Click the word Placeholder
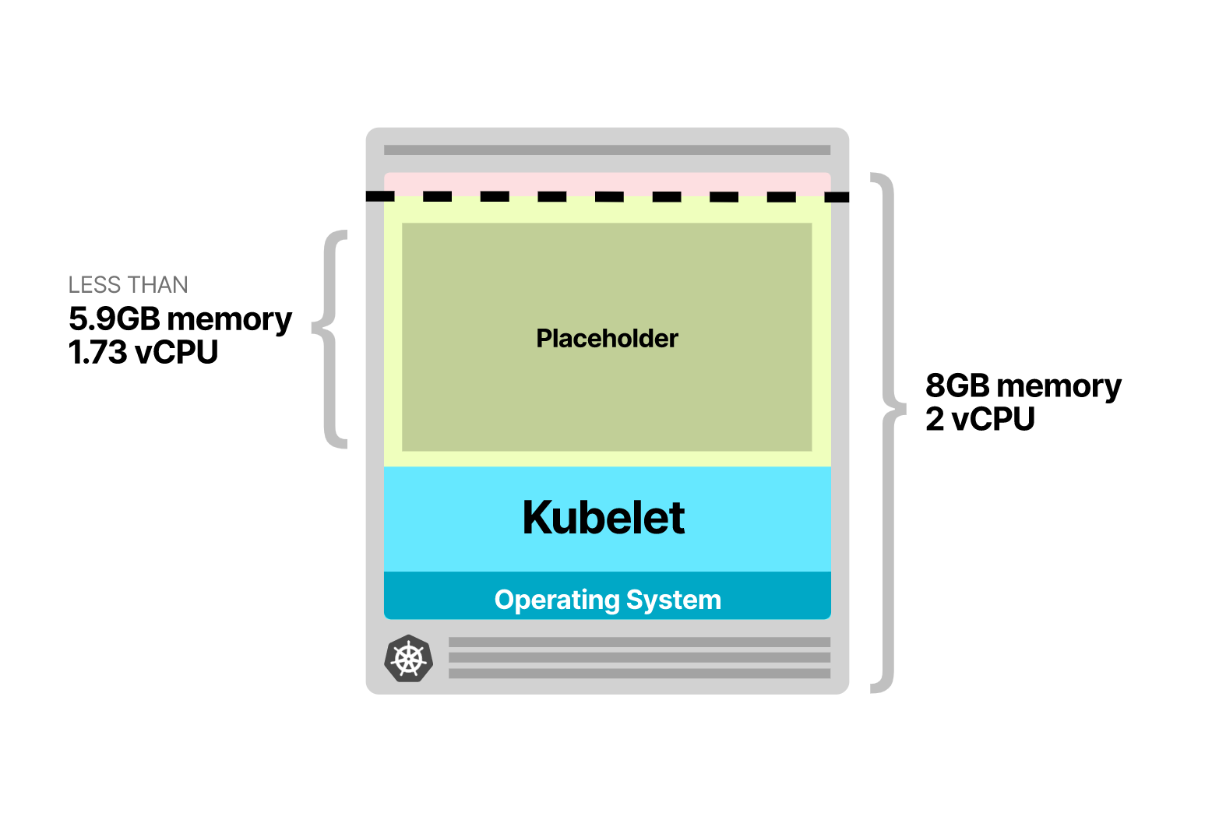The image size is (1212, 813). pos(607,339)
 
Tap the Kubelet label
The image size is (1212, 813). pos(604,518)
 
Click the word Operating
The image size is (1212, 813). pos(557,600)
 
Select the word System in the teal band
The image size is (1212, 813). pos(674,600)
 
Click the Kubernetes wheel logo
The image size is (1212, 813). pos(408,659)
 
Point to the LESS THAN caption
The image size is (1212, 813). pos(129,285)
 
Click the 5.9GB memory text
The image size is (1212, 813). pos(180,319)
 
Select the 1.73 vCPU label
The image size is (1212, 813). pos(143,353)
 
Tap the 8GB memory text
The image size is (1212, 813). pos(1023,386)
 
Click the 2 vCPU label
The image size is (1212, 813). pos(980,420)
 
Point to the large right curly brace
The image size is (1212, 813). pos(886,432)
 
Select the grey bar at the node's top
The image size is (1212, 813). pos(607,150)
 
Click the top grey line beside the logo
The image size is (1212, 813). pos(639,642)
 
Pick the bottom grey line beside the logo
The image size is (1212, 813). pos(639,674)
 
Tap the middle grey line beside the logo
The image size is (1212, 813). pos(639,658)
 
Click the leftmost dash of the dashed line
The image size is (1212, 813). pos(380,196)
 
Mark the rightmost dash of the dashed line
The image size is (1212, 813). pos(837,197)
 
